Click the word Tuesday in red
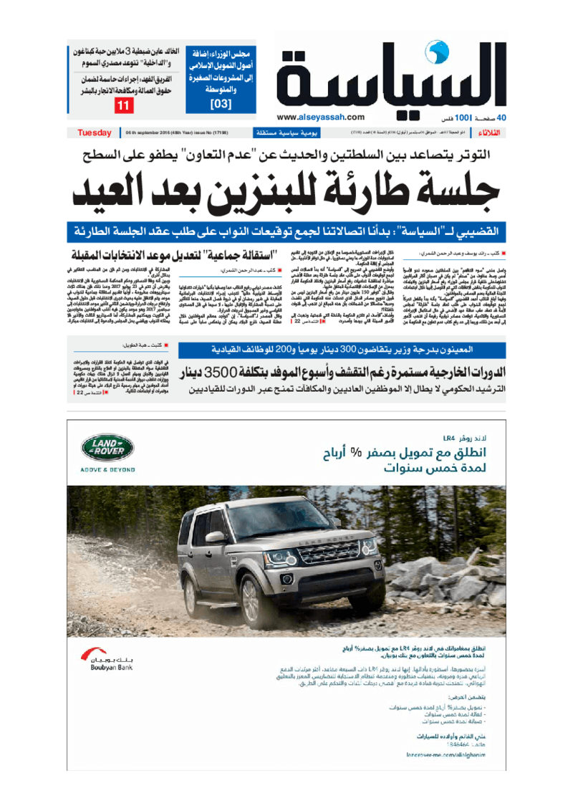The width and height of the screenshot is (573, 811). point(94,133)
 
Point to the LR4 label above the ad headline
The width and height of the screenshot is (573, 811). point(449,437)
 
